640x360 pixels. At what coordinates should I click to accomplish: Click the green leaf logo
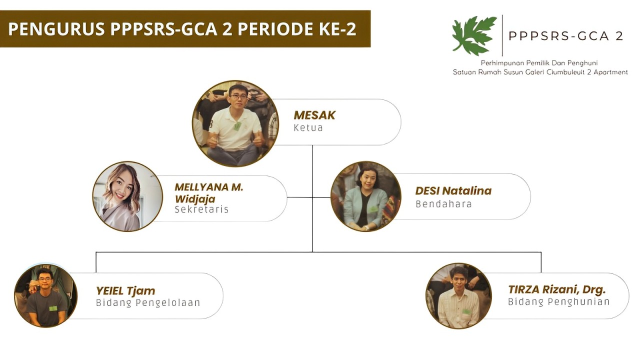(474, 35)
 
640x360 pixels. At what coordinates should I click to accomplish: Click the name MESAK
(314, 115)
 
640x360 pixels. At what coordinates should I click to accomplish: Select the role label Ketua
(308, 127)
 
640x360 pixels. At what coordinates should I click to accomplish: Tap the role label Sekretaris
(201, 209)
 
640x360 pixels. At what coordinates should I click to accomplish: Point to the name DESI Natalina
(453, 191)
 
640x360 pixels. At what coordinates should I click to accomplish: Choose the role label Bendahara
(443, 204)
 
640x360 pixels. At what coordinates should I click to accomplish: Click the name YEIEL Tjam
(125, 291)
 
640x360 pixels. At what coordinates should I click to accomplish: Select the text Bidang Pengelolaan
(148, 303)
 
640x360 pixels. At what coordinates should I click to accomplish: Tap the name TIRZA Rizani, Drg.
(556, 289)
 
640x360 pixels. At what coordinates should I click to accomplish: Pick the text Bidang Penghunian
(558, 301)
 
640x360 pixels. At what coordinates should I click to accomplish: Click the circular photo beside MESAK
(235, 123)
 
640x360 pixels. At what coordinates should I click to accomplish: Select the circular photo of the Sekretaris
(127, 196)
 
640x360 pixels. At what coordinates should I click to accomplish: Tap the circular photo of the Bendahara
(365, 196)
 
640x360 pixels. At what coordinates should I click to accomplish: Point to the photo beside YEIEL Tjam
(45, 295)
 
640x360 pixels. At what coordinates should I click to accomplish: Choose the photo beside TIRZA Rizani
(458, 295)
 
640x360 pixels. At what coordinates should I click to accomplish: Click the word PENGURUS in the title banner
(56, 29)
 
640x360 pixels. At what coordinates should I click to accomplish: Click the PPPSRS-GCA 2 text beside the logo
(565, 36)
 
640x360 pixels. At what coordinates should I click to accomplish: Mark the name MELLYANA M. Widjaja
(209, 193)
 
